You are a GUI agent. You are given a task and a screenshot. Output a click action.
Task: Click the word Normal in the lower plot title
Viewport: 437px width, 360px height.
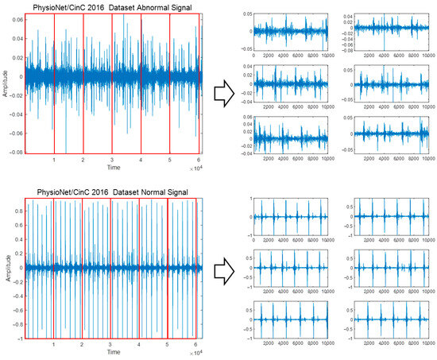(124, 192)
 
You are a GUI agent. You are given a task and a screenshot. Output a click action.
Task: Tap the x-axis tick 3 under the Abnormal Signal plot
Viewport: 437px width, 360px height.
(112, 161)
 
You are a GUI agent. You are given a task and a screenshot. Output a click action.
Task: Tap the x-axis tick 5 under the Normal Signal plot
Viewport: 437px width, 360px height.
(168, 344)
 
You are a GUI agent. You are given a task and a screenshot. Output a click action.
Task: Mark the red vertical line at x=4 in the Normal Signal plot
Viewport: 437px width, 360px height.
(138, 266)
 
